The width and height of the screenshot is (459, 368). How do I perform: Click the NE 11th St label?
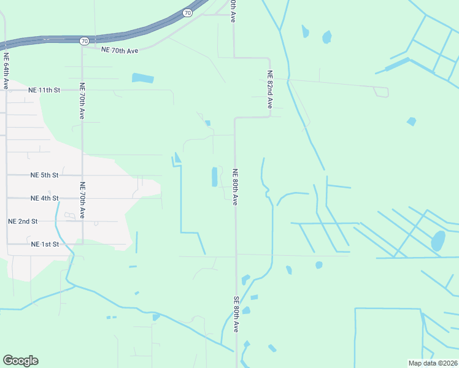coord(44,90)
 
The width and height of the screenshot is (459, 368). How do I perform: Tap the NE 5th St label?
coord(44,175)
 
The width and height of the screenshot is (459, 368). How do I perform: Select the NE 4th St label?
coord(44,198)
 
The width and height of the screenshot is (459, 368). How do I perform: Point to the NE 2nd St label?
coord(23,221)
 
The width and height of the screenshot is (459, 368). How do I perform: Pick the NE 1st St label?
coord(44,244)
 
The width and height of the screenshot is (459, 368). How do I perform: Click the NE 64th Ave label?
coord(6,71)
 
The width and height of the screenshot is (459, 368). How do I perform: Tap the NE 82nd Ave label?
coord(269,90)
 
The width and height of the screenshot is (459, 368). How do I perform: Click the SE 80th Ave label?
coord(236,314)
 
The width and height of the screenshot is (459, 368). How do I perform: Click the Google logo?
coord(20,361)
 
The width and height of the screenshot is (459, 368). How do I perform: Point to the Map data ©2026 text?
coord(432,363)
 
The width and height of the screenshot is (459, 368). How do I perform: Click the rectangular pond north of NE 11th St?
coord(142,79)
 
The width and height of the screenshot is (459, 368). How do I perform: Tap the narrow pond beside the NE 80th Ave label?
coord(215,177)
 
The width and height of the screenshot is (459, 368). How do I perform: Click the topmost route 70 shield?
coord(187,12)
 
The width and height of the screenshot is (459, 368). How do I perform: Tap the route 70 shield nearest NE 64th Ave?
coord(84,40)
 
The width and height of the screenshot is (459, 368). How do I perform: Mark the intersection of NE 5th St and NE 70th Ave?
coord(82,175)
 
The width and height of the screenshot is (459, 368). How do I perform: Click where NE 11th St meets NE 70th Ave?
coord(82,90)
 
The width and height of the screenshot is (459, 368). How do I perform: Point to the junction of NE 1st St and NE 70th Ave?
coord(82,244)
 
